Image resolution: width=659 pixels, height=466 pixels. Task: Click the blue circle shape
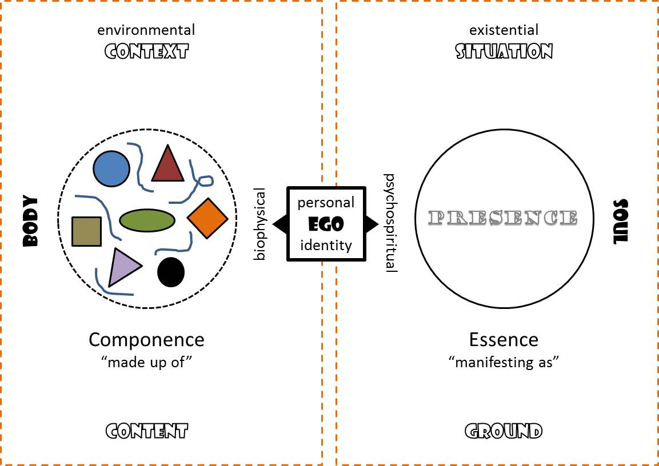click(x=111, y=168)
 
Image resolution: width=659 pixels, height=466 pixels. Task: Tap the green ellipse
click(x=147, y=220)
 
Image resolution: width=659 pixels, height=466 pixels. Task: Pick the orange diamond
click(x=207, y=218)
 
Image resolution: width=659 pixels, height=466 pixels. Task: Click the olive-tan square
click(x=86, y=231)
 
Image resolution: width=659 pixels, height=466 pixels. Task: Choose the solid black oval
click(x=171, y=272)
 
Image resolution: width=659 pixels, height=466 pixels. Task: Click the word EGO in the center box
click(x=326, y=224)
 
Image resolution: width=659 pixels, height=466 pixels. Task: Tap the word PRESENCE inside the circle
click(x=504, y=218)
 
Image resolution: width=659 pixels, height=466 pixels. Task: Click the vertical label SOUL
click(x=620, y=222)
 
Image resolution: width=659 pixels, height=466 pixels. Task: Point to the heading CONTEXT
click(x=146, y=53)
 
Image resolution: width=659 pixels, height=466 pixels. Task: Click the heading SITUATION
click(x=504, y=52)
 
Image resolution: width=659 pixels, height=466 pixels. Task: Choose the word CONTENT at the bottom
click(x=146, y=431)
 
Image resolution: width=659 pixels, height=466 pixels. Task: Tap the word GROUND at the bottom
click(x=504, y=431)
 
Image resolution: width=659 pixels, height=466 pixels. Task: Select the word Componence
click(x=146, y=340)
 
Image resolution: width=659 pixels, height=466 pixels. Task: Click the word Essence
click(x=504, y=339)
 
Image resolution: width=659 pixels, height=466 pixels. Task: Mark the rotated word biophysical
click(x=260, y=224)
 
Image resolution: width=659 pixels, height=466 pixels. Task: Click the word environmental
click(x=146, y=29)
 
